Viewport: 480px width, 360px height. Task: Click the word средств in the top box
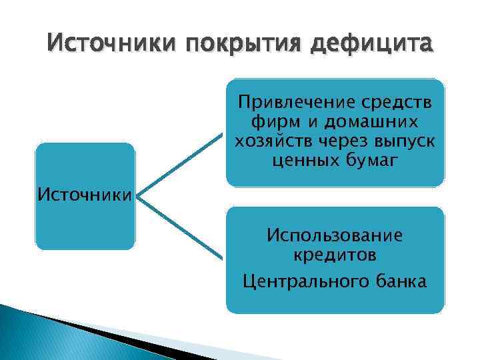coord(395,103)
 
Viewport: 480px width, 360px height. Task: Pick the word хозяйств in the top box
coord(267,141)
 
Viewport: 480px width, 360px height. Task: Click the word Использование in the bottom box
coord(334,235)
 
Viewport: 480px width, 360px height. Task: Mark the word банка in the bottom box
coord(398,281)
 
